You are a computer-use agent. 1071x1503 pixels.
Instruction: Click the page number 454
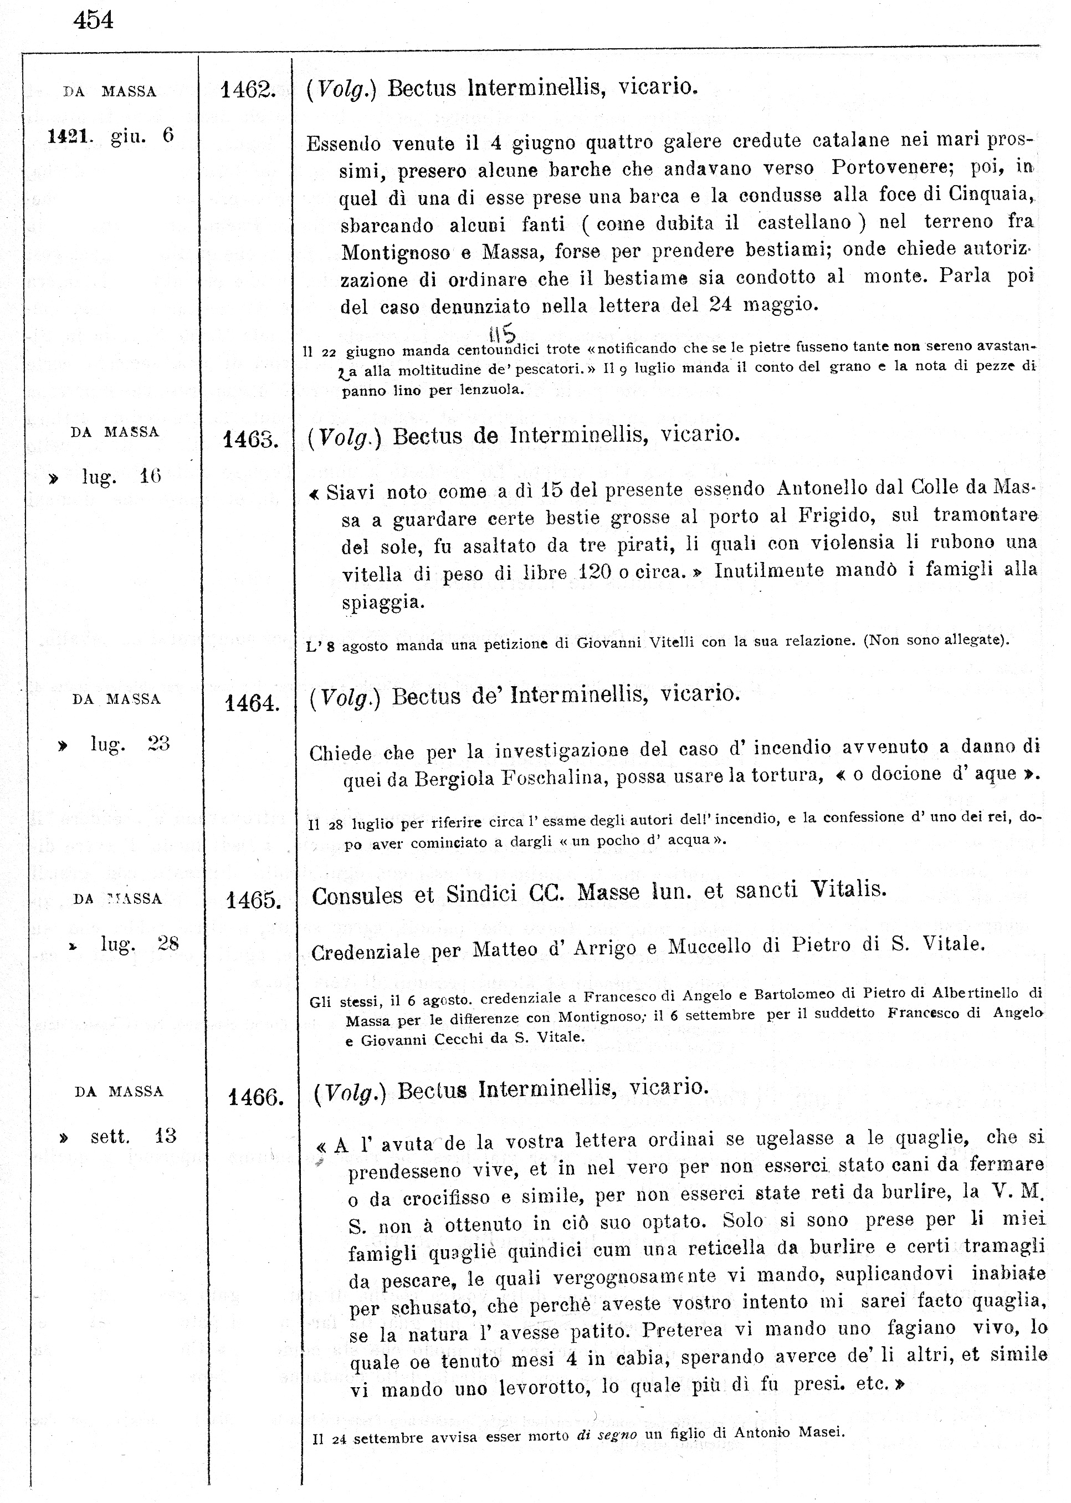coord(94,21)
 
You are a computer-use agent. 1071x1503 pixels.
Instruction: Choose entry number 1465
coord(253,900)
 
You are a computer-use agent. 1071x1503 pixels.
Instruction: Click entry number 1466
coord(255,1097)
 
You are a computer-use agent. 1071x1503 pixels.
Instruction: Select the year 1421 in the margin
coord(69,136)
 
